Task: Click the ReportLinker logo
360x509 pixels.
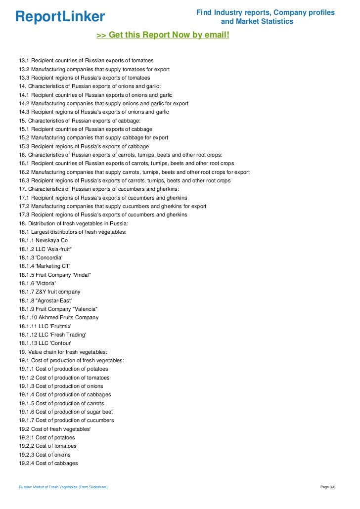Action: point(60,17)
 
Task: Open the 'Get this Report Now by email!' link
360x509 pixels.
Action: point(163,35)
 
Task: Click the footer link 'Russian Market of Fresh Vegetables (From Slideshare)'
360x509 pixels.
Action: point(63,487)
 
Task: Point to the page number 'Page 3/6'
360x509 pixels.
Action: point(328,487)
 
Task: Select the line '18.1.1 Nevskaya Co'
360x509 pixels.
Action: point(44,240)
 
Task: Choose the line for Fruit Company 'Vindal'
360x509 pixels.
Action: point(55,275)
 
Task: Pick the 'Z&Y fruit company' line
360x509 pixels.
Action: point(49,292)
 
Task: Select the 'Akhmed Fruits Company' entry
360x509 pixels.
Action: point(59,318)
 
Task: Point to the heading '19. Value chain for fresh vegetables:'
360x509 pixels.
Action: point(63,352)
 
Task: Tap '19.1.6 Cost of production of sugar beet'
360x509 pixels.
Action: point(66,412)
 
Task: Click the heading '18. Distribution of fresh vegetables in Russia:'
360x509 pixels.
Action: point(73,223)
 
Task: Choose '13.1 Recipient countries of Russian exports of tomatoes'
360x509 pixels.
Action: point(86,60)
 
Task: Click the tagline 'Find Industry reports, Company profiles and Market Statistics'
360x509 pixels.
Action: point(266,17)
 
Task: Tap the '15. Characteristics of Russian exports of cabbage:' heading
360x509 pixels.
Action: point(80,121)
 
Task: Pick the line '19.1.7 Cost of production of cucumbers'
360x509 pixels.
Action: point(66,420)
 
